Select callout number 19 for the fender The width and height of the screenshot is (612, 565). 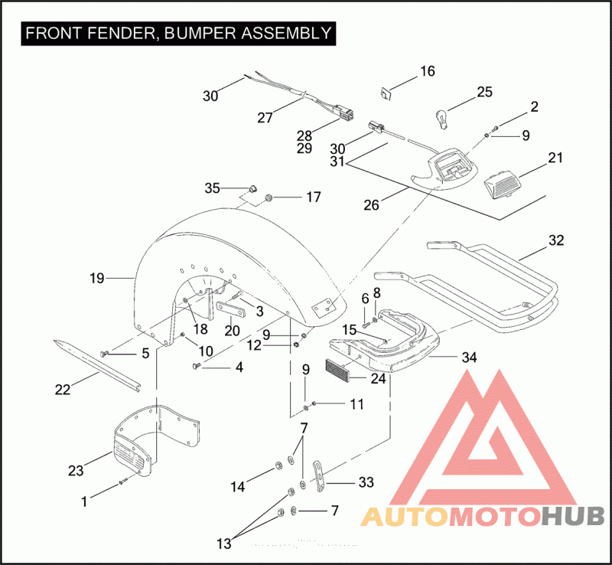pos(97,278)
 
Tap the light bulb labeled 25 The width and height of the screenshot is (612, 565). pos(441,119)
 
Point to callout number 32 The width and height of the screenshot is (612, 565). pos(556,240)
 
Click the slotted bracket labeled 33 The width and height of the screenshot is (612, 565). pos(319,476)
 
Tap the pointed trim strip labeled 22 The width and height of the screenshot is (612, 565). pos(97,365)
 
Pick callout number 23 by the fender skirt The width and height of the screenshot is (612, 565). pos(76,471)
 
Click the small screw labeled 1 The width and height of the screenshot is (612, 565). pos(123,483)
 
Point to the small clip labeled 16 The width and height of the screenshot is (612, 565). pos(386,94)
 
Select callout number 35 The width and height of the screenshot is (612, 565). pos(213,188)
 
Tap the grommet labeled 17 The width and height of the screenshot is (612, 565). pos(269,198)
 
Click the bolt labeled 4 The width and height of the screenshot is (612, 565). pos(197,366)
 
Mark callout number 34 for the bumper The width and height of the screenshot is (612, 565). pos(469,357)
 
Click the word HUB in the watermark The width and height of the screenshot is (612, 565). pos(574,516)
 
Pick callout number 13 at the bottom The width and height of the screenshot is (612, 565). pos(224,544)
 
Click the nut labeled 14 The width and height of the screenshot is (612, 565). pos(278,465)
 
